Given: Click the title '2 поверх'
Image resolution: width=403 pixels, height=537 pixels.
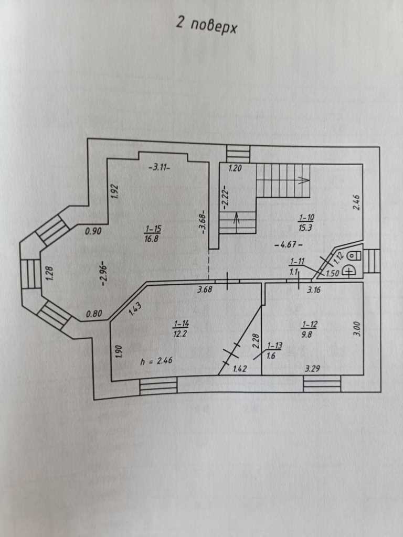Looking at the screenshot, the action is [x=206, y=25].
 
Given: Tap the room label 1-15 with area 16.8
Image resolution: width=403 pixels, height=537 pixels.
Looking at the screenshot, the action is [x=153, y=233].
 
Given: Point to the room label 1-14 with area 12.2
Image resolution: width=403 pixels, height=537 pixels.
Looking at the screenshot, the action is [x=181, y=329].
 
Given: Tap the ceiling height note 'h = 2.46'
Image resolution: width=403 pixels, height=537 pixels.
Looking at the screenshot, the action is [x=156, y=360].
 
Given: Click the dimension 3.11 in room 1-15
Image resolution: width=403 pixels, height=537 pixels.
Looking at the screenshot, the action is [x=160, y=167].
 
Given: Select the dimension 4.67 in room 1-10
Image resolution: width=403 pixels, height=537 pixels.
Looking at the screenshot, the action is [x=288, y=245].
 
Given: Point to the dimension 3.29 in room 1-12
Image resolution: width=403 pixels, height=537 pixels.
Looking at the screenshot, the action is [x=313, y=369].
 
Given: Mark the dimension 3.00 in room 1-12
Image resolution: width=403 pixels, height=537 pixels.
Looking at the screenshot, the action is [x=357, y=328].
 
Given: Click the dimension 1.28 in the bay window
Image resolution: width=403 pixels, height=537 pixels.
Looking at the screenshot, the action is [x=49, y=273].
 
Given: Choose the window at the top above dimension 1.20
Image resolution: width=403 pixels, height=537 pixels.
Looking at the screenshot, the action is [x=239, y=154].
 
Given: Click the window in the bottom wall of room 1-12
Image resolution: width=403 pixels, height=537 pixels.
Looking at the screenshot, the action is [x=322, y=383].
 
